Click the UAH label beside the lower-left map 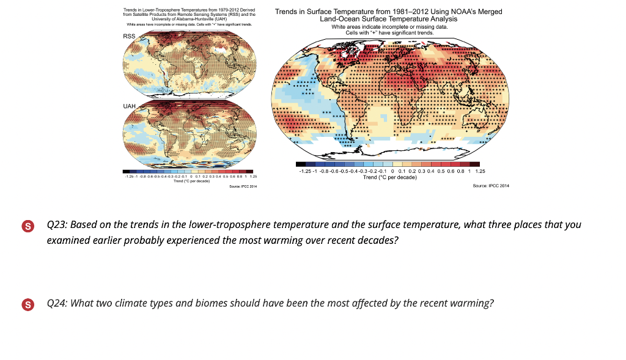(129, 106)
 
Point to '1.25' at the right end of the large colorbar (480, 172)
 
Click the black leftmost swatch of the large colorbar (300, 164)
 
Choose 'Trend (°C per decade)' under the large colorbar (390, 177)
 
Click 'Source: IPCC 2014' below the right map (491, 185)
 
